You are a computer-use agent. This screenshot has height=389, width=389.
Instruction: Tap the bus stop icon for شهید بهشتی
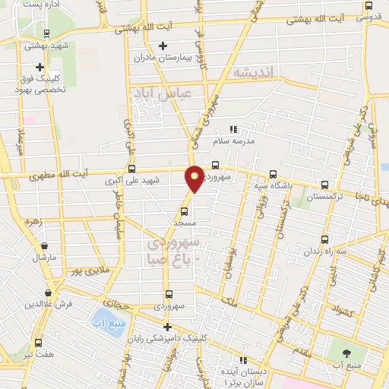47,34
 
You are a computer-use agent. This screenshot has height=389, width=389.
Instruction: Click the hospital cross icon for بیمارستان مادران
163,46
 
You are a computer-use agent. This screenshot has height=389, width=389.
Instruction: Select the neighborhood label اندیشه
256,72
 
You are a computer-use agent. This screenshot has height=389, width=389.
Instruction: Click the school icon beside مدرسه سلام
234,129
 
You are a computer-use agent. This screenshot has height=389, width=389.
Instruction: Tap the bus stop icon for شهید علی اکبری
132,169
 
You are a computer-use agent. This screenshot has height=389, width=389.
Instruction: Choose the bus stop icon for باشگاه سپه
274,174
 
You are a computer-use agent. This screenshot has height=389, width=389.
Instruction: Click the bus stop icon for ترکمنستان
325,185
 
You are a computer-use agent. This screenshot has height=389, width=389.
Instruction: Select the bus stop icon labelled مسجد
184,212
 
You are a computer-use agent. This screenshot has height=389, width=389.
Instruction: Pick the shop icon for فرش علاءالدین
49,293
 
